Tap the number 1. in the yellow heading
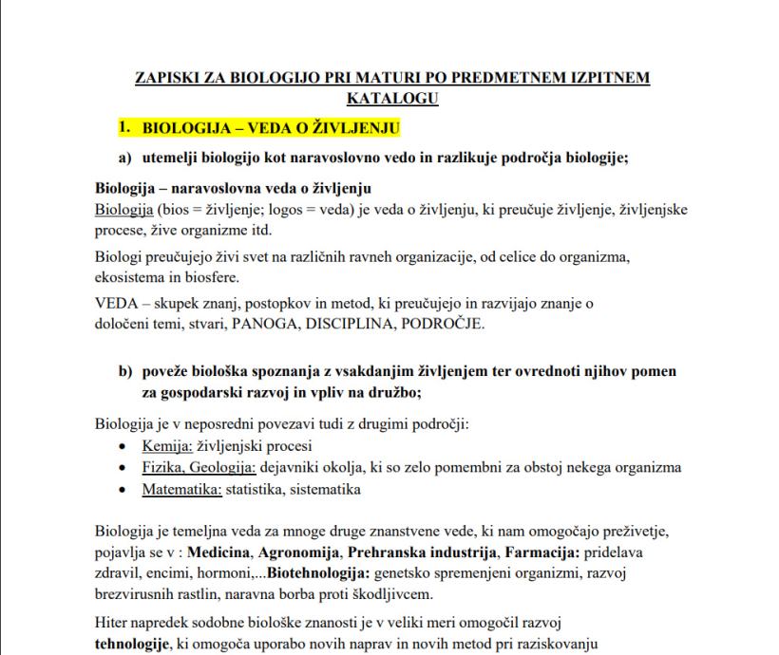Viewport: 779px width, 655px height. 123,125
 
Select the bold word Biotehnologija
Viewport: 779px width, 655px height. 316,573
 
